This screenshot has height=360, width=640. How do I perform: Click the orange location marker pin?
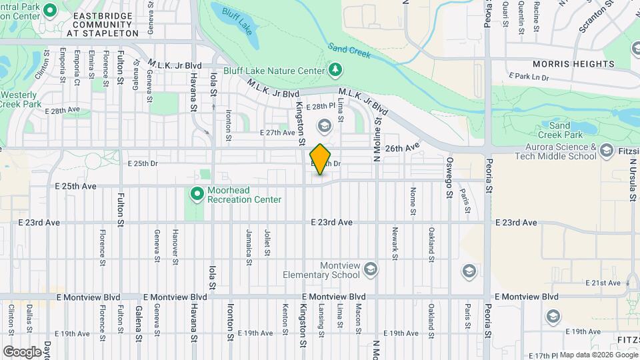[x=321, y=159]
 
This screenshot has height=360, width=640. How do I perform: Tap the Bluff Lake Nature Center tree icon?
[x=335, y=70]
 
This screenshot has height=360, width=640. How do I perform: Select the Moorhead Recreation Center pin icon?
[x=197, y=194]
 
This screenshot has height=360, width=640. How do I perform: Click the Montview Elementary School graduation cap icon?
[x=371, y=270]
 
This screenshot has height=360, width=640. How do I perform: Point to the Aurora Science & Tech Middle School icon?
[x=607, y=151]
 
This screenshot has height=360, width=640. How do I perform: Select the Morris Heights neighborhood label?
[x=573, y=64]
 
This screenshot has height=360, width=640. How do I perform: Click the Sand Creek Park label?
[x=559, y=130]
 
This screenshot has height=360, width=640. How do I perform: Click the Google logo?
[x=22, y=351]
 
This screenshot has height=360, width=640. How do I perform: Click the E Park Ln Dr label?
[x=528, y=77]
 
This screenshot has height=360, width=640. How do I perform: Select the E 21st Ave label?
[x=603, y=283]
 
